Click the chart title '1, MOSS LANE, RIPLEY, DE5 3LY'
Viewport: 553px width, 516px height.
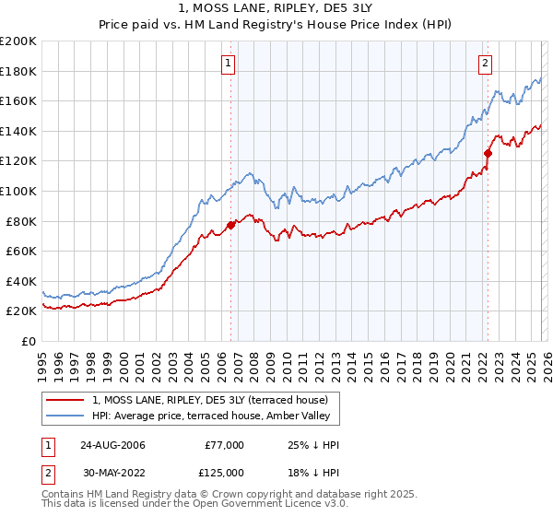[276, 9]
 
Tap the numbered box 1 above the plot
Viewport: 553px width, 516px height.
[228, 64]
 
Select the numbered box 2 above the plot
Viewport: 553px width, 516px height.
[485, 64]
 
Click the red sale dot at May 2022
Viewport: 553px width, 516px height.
[488, 154]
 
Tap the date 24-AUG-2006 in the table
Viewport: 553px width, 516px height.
[113, 445]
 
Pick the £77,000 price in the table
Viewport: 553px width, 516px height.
[225, 445]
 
